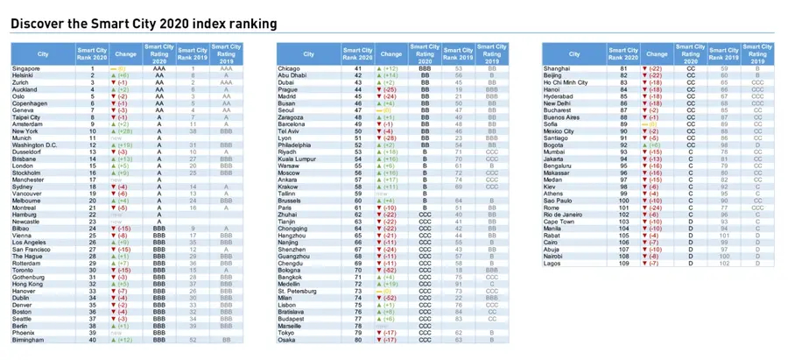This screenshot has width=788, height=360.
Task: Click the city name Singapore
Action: click(25, 68)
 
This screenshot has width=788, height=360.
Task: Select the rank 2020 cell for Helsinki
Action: click(92, 75)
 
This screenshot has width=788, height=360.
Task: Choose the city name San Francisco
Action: click(30, 249)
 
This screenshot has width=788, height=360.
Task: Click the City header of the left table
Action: click(43, 53)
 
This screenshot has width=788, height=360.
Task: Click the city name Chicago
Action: click(289, 68)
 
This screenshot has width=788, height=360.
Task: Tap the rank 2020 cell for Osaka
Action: click(358, 340)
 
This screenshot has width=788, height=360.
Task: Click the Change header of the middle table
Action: click(391, 53)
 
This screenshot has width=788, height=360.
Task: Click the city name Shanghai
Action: click(557, 68)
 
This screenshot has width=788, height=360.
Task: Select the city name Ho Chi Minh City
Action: click(566, 82)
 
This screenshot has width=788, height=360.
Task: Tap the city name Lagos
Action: click(552, 263)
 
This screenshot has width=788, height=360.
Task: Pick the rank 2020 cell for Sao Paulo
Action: click(623, 201)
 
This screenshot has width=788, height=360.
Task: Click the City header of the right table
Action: click(573, 53)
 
